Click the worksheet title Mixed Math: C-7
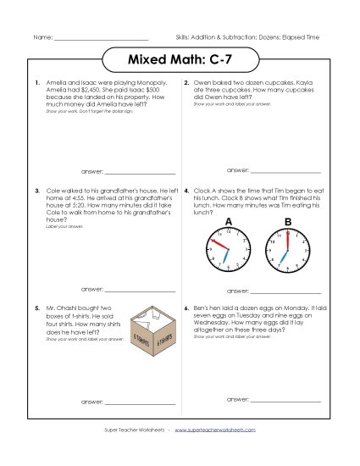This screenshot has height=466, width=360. point(179,61)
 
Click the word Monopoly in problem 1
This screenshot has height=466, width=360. point(149,83)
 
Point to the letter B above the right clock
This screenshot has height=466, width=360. point(287,222)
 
